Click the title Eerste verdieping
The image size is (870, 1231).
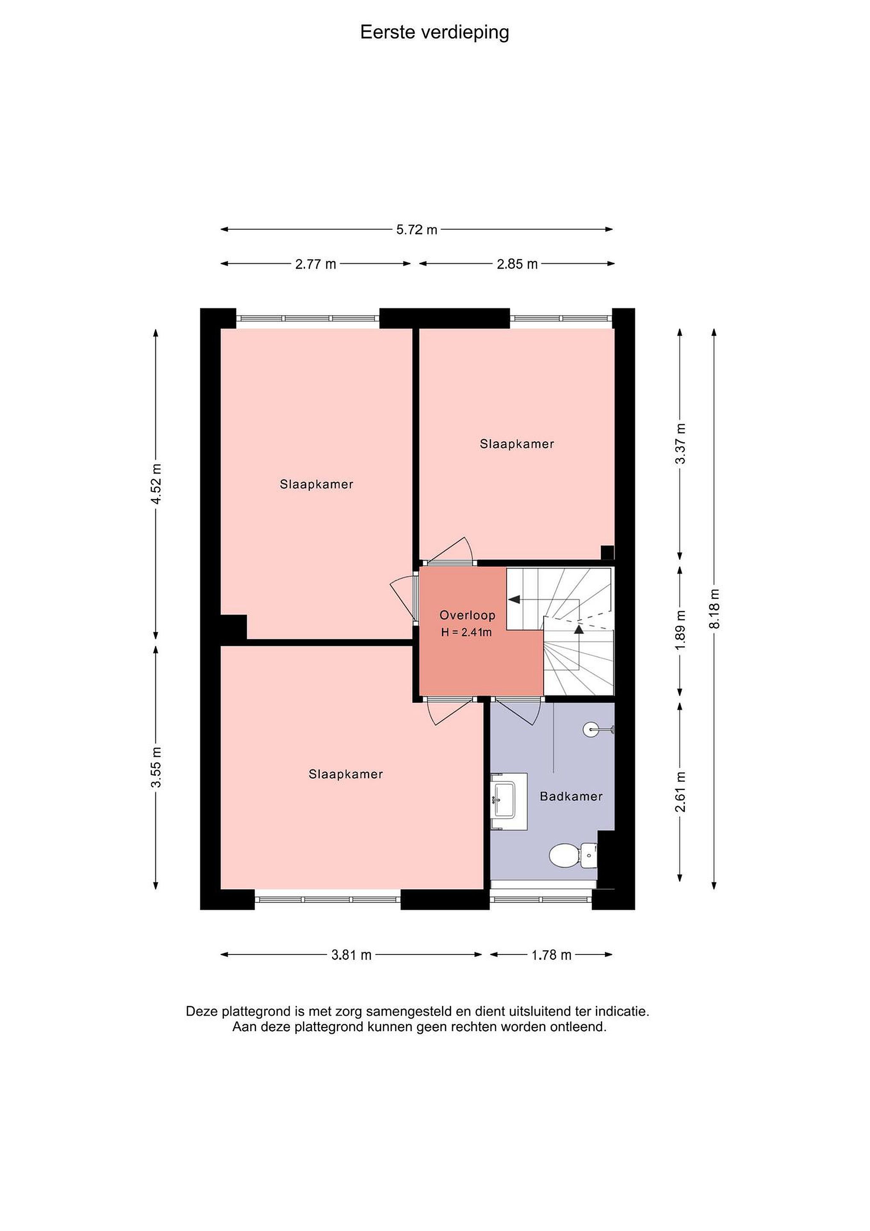click(434, 33)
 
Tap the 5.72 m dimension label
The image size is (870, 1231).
click(417, 230)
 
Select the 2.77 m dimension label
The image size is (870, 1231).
click(316, 264)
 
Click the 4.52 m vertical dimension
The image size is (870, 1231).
click(156, 483)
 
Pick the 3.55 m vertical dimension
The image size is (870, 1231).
click(156, 767)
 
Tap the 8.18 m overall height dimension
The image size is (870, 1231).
click(714, 609)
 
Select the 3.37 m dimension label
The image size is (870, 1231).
click(680, 444)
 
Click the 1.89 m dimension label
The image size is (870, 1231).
click(680, 630)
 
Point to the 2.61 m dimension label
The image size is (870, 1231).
click(680, 792)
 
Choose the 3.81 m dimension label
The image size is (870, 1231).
click(352, 955)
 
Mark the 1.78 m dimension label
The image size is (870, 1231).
click(552, 955)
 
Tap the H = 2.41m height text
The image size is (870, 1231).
click(466, 632)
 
